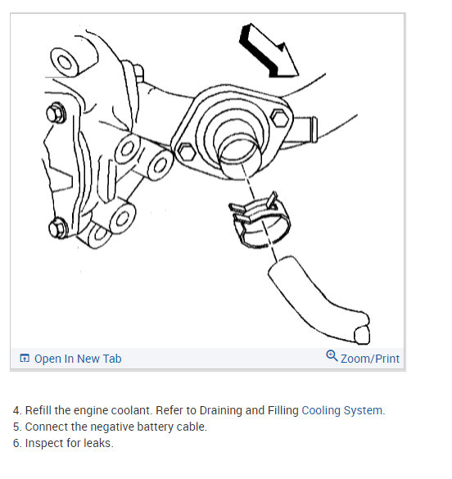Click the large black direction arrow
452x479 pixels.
[x=269, y=52]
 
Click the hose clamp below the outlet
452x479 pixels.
[x=260, y=220]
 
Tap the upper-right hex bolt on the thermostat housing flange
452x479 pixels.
[x=280, y=118]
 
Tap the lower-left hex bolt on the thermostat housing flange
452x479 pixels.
[x=186, y=151]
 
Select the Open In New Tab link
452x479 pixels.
[x=78, y=359]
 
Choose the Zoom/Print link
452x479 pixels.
[x=370, y=359]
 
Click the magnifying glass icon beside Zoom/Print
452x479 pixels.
[x=332, y=356]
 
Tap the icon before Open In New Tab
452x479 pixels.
[x=25, y=358]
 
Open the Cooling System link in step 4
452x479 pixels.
[x=343, y=410]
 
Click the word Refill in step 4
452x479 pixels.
[x=38, y=410]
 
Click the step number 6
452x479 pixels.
[x=17, y=443]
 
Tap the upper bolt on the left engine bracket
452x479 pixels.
[x=56, y=113]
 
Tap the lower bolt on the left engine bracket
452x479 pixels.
[x=58, y=228]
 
